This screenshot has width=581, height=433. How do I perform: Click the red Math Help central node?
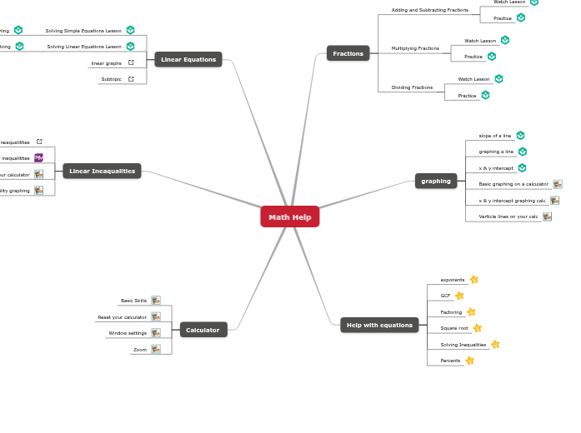(289, 216)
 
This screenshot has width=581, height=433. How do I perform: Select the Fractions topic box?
(348, 53)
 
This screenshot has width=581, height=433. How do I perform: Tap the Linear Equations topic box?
(188, 59)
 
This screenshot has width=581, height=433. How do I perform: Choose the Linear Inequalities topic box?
(102, 171)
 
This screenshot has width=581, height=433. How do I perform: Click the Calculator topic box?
(203, 330)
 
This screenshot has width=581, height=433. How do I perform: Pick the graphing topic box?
(436, 181)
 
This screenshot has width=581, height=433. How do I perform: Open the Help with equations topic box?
(379, 325)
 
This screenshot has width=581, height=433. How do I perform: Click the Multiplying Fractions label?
(415, 48)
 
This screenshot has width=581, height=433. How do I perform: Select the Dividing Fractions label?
(412, 87)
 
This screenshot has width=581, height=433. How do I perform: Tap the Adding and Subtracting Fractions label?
(429, 10)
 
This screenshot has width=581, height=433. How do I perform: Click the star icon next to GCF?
(459, 296)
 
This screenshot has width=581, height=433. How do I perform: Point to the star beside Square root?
(478, 328)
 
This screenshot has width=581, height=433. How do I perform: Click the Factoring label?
(451, 312)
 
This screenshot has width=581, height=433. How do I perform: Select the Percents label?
(450, 361)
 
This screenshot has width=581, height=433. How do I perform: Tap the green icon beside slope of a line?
(520, 135)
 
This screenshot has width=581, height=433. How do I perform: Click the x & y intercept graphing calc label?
(512, 201)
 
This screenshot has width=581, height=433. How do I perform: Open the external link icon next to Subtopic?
(131, 79)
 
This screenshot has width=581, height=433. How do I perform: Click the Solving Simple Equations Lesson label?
(83, 31)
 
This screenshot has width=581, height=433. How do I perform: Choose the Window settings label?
(128, 333)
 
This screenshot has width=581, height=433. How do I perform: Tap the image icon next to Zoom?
(156, 349)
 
